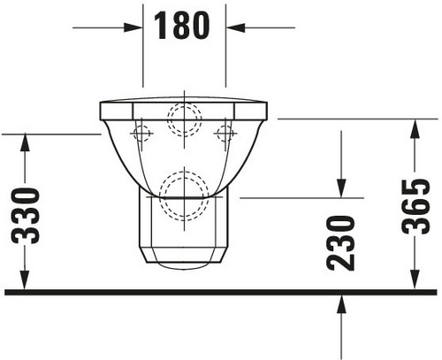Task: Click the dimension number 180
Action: click(x=181, y=26)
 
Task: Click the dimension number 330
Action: click(x=26, y=216)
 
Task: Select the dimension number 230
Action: click(x=341, y=243)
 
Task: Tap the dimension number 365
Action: click(x=415, y=206)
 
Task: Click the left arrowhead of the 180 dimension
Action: click(x=133, y=27)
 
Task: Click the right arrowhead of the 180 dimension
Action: click(x=235, y=27)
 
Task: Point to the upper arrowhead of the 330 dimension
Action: click(x=25, y=142)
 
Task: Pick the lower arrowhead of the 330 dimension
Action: click(x=25, y=280)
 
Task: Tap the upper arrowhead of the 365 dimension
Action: click(x=415, y=129)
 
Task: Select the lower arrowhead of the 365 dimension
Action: click(x=415, y=280)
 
